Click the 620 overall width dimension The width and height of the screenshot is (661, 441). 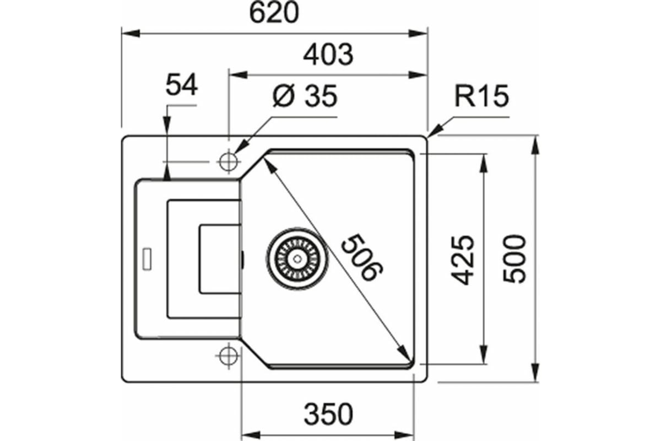(274, 13)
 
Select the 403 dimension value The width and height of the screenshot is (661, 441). (328, 55)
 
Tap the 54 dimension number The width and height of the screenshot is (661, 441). (181, 85)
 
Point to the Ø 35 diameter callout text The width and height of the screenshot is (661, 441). (305, 96)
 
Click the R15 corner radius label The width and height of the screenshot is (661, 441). (481, 96)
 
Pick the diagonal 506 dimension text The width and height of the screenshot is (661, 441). (362, 257)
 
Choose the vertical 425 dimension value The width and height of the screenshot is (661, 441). (463, 260)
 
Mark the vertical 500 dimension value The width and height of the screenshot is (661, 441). (514, 259)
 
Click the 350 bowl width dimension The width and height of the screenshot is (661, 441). (328, 414)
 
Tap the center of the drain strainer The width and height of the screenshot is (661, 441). (297, 259)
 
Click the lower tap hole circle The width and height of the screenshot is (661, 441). (229, 356)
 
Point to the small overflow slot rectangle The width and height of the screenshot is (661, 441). (147, 259)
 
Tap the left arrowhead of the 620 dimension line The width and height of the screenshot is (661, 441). (131, 34)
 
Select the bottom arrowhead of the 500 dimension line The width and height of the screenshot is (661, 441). (535, 373)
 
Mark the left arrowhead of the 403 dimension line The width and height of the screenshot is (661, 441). (238, 75)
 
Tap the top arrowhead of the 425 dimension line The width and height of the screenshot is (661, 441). (484, 163)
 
